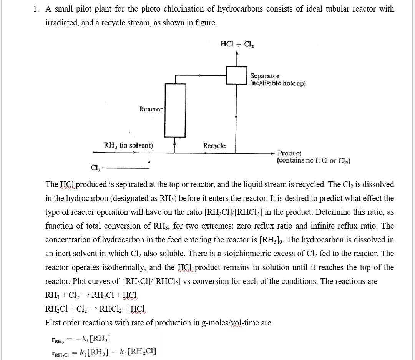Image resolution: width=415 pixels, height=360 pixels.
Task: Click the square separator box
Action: coord(236,75)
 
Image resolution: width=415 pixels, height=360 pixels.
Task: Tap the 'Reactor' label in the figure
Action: coord(151,109)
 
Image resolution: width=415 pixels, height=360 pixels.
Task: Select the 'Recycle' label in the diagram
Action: coord(214,146)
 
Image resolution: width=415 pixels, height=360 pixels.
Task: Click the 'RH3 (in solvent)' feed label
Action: coord(128,145)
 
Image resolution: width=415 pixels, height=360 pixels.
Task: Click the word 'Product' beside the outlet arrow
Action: coord(289,153)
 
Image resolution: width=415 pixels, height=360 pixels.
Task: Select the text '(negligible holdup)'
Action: coord(278,83)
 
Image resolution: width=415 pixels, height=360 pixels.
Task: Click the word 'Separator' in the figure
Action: coord(265,76)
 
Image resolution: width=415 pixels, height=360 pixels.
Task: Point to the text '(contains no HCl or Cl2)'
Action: coord(313,161)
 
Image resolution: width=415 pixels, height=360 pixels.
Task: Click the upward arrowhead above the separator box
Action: coord(237,53)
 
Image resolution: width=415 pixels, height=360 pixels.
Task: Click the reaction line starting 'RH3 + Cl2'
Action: coord(91,295)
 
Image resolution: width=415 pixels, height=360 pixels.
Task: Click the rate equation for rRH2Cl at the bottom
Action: coord(104,352)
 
